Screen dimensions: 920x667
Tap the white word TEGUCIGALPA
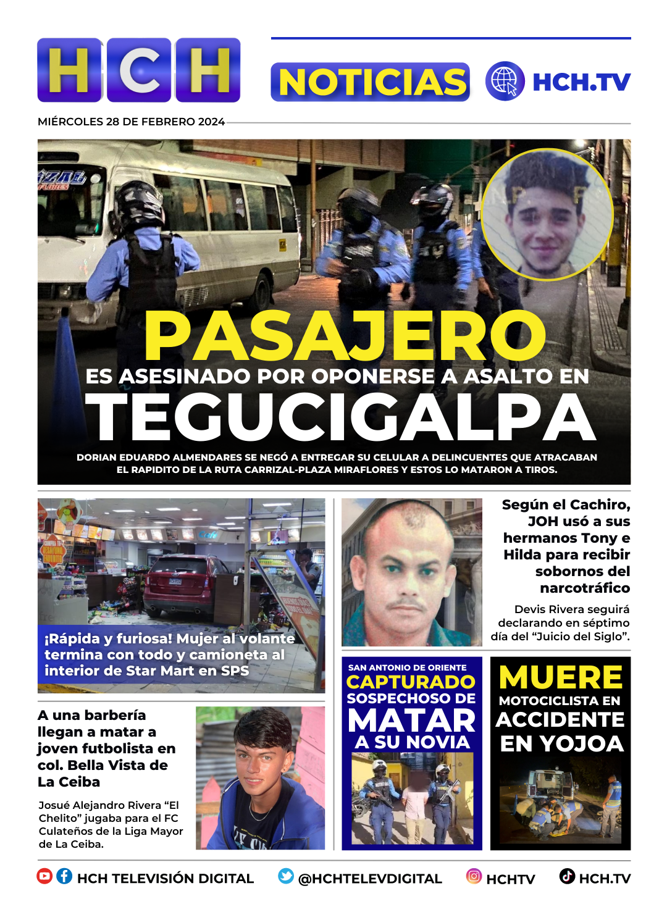pyautogui.click(x=340, y=418)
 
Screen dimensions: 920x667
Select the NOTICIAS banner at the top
pyautogui.click(x=371, y=82)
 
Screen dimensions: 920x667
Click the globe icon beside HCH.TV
pyautogui.click(x=505, y=81)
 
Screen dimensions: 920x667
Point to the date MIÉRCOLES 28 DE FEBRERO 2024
pyautogui.click(x=131, y=122)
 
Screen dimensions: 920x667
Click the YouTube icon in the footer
pyautogui.click(x=44, y=876)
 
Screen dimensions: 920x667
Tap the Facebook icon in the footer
pyautogui.click(x=64, y=876)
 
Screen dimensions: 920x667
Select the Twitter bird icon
pyautogui.click(x=286, y=876)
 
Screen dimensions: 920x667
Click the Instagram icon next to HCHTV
pyautogui.click(x=474, y=876)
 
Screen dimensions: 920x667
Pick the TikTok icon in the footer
pyautogui.click(x=567, y=876)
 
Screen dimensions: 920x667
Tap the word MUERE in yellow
pyautogui.click(x=561, y=677)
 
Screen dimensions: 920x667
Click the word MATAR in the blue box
pyautogui.click(x=411, y=721)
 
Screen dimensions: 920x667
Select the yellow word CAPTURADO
pyautogui.click(x=411, y=682)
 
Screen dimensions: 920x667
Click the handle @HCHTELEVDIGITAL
pyautogui.click(x=370, y=879)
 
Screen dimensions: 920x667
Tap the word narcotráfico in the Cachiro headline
pyautogui.click(x=585, y=588)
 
